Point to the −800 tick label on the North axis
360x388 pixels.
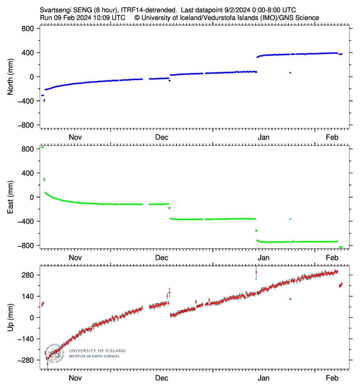tap(25, 125)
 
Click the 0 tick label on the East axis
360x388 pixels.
tap(33, 197)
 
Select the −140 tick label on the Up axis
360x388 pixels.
tap(25, 339)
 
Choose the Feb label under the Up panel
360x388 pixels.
tap(332, 378)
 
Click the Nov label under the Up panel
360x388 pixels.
tap(75, 378)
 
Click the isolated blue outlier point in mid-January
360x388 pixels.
tap(290, 73)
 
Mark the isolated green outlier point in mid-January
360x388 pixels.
tap(290, 219)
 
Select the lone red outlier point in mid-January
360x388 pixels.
tap(290, 299)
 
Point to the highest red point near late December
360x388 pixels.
tap(256, 272)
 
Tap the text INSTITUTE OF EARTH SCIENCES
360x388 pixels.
tap(94, 356)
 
